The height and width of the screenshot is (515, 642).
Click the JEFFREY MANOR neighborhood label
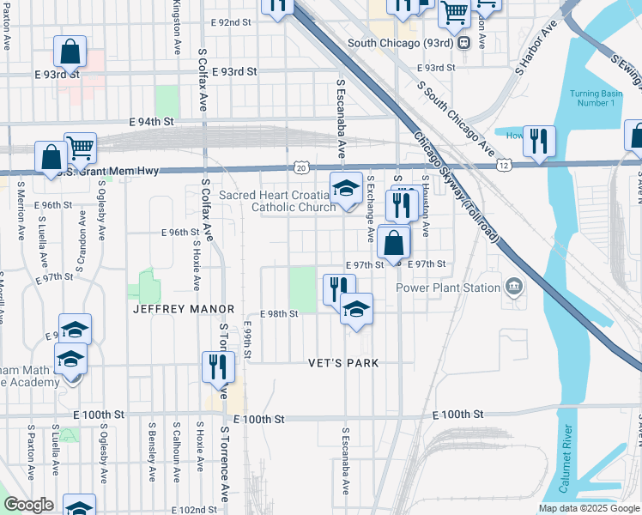pos(183,308)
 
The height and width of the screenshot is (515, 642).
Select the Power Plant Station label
pos(447,288)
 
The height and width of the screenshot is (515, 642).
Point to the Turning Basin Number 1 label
pos(592,98)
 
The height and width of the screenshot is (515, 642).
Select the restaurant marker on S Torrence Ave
pos(218,367)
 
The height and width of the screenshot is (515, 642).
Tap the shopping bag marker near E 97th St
pos(393,243)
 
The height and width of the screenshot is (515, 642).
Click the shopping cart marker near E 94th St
pos(80,148)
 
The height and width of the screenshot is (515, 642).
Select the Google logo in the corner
pos(29,506)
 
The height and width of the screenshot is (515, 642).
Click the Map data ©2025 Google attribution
pos(588,508)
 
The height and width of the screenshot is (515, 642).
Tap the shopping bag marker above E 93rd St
pos(70,52)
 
